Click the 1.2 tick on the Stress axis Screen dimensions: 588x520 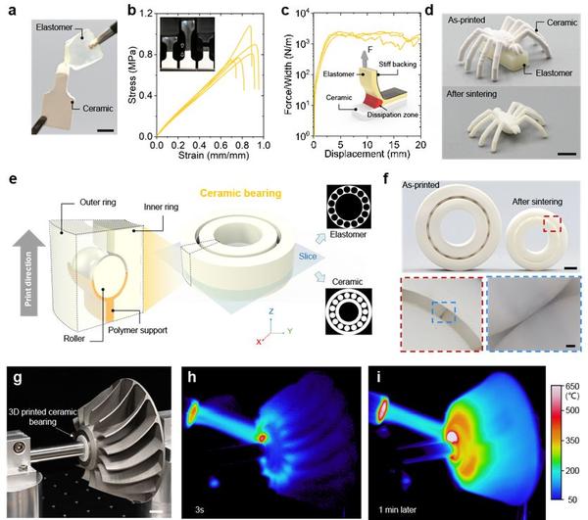tap(146, 14)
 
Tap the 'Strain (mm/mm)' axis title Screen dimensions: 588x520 tap(214, 155)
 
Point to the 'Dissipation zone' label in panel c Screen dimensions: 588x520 tap(392, 115)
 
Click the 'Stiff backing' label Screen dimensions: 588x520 tap(398, 64)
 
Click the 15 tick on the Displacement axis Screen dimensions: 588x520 tap(394, 145)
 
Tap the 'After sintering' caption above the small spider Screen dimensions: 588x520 tap(471, 94)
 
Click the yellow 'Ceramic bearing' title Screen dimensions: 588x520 tap(240, 193)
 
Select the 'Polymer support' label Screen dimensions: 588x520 tap(137, 330)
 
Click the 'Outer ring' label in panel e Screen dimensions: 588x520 tap(98, 203)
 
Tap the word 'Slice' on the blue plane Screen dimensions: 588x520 tap(308, 257)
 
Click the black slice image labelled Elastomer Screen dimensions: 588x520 tap(348, 207)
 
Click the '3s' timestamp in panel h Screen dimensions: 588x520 tap(200, 509)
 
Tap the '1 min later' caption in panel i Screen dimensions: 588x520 tap(397, 509)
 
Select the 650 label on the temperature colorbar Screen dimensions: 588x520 tap(572, 386)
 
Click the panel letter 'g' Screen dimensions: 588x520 tap(18, 378)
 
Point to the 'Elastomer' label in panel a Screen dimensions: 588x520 tap(54, 27)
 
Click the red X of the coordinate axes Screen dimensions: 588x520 tap(259, 342)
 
